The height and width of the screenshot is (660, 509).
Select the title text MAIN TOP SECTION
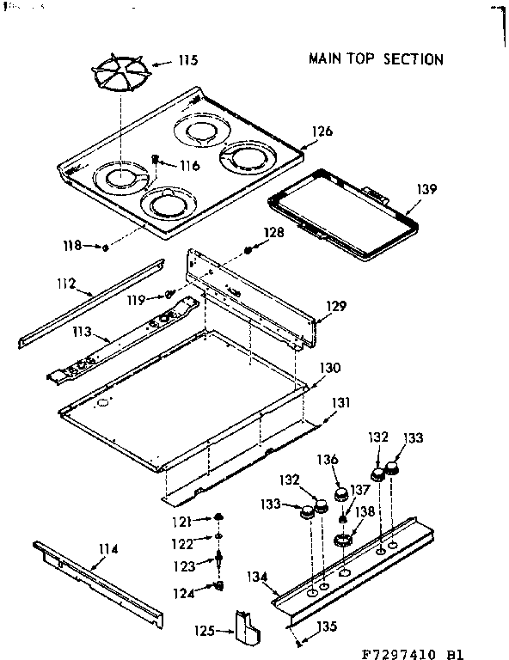pyautogui.click(x=376, y=59)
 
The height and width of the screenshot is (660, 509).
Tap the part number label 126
pyautogui.click(x=322, y=131)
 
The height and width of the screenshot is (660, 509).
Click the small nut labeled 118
pyautogui.click(x=104, y=247)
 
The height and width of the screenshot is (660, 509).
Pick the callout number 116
pyautogui.click(x=189, y=165)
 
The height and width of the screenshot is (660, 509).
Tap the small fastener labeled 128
pyautogui.click(x=248, y=249)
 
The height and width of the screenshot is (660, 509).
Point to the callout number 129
pyautogui.click(x=335, y=305)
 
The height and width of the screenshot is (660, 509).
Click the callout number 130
pyautogui.click(x=330, y=368)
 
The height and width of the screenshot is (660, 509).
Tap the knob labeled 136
pyautogui.click(x=341, y=494)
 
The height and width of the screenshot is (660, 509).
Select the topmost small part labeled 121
pyautogui.click(x=220, y=516)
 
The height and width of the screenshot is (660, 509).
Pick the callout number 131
pyautogui.click(x=342, y=401)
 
